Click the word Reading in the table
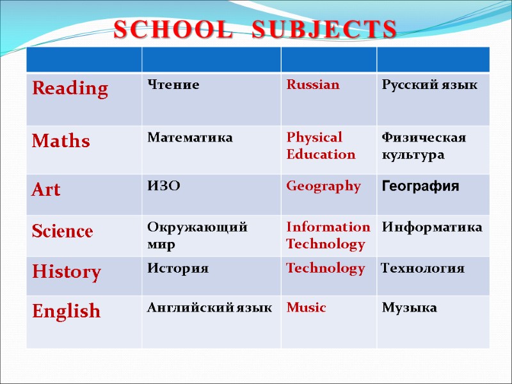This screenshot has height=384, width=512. click(70, 88)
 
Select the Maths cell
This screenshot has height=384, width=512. click(61, 141)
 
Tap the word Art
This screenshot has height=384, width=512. click(46, 189)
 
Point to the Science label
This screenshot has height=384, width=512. click(62, 231)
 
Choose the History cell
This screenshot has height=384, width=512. click(67, 273)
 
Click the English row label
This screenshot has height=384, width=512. click(67, 312)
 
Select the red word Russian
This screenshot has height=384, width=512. click(313, 84)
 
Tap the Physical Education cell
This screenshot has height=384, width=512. click(321, 146)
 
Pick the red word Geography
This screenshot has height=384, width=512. click(323, 186)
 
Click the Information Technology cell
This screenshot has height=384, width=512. click(328, 236)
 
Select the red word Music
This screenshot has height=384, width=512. click(306, 308)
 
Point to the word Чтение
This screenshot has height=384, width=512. click(173, 84)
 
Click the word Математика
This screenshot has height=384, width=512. click(190, 138)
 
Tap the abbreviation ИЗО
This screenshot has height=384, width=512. click(164, 186)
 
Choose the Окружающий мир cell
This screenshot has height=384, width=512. click(198, 236)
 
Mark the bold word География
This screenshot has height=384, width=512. click(420, 187)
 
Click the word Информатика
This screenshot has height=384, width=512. click(432, 228)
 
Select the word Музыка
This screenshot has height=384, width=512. click(409, 308)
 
